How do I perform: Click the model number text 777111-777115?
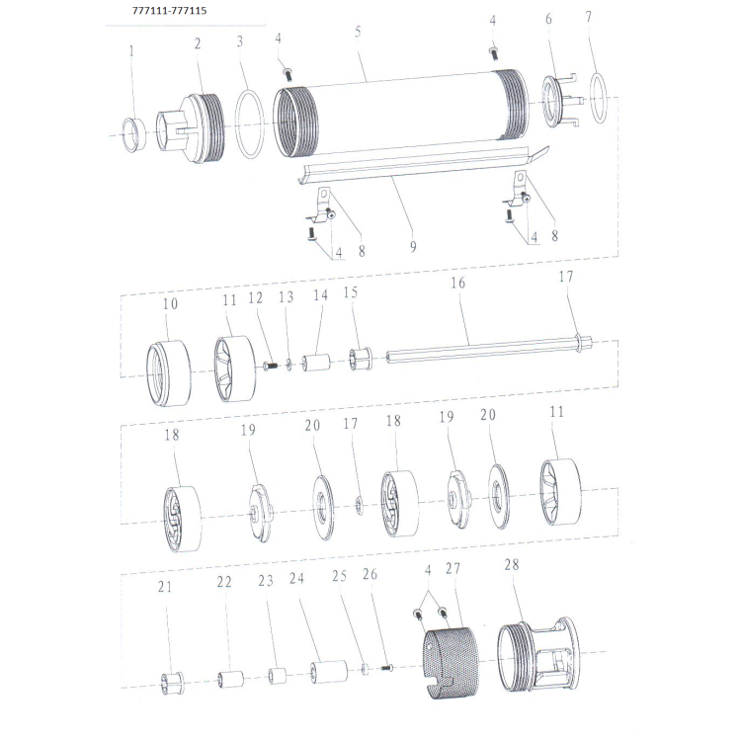click(169, 11)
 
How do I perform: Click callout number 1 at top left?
click(131, 51)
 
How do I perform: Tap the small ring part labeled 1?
click(133, 135)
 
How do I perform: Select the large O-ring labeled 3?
click(250, 124)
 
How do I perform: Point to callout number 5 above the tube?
click(358, 32)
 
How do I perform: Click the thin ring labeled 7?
click(599, 98)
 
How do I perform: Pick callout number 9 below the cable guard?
click(413, 246)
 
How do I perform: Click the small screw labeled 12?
click(270, 366)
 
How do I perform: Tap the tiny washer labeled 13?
click(288, 365)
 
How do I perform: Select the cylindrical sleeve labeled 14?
click(317, 362)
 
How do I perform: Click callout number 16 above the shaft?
click(457, 283)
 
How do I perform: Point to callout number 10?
click(170, 303)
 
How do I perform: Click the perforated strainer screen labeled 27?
click(451, 663)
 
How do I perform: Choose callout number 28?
click(512, 564)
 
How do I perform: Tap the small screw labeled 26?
click(387, 668)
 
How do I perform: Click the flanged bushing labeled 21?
click(172, 684)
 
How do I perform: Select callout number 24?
click(296, 578)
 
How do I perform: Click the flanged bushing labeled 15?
click(361, 360)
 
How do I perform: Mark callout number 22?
click(224, 582)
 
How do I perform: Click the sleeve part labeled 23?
click(278, 676)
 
